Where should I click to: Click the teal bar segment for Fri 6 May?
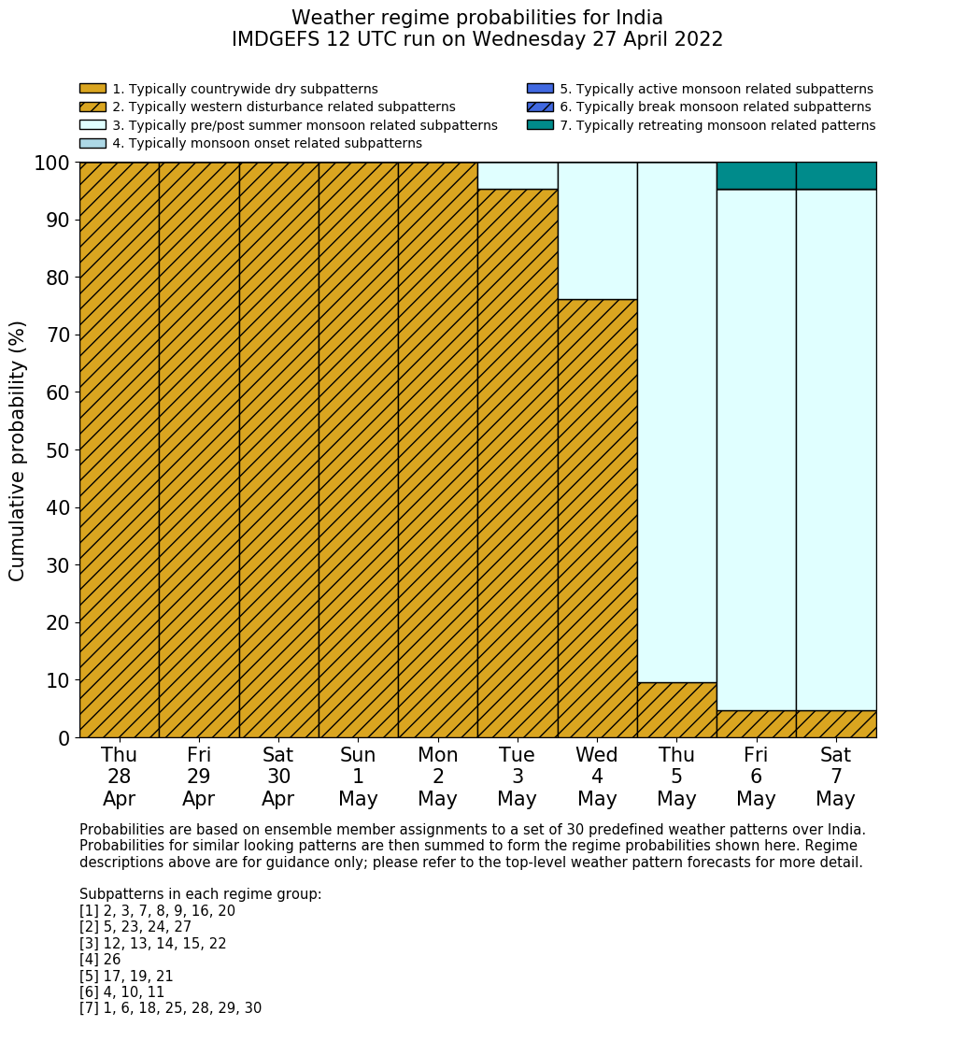click(x=756, y=176)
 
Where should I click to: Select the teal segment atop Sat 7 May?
click(x=836, y=176)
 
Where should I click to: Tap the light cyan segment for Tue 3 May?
click(x=518, y=176)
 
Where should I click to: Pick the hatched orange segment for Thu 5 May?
click(x=676, y=710)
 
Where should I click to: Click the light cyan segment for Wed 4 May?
click(x=597, y=231)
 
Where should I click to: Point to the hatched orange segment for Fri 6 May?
click(x=756, y=724)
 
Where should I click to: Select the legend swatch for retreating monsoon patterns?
click(x=540, y=125)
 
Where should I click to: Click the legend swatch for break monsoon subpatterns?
click(x=540, y=107)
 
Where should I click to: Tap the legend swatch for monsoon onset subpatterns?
click(x=92, y=143)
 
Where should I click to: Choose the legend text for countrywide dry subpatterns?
click(x=245, y=90)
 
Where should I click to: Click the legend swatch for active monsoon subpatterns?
click(x=540, y=90)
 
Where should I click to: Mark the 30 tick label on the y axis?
click(x=57, y=565)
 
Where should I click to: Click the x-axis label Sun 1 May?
click(x=358, y=777)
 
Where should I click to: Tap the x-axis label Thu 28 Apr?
click(x=119, y=777)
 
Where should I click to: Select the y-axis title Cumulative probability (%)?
click(x=18, y=450)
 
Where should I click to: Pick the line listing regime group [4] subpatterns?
click(x=100, y=960)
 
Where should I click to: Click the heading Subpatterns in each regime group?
click(x=200, y=894)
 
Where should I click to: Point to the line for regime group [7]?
click(x=170, y=1008)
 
